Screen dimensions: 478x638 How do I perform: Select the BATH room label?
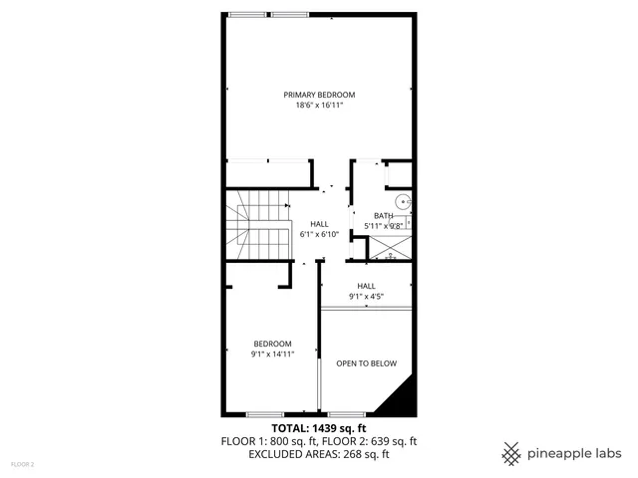(x=383, y=216)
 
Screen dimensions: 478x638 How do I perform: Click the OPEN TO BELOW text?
(x=366, y=363)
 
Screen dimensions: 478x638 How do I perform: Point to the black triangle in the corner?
(x=399, y=397)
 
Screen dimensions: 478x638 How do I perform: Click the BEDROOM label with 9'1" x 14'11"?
(x=271, y=343)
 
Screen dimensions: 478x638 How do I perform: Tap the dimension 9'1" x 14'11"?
(x=271, y=354)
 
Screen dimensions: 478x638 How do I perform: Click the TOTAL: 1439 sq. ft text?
(x=319, y=426)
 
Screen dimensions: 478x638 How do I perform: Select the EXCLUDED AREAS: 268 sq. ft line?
(x=319, y=454)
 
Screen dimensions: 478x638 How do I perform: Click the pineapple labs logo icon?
(x=511, y=453)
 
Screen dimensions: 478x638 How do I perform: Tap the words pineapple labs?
(x=575, y=453)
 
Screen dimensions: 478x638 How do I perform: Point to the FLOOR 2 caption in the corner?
(x=22, y=464)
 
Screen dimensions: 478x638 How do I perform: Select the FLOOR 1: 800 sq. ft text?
(x=270, y=440)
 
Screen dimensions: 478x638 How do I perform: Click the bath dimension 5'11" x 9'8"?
(x=383, y=226)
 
